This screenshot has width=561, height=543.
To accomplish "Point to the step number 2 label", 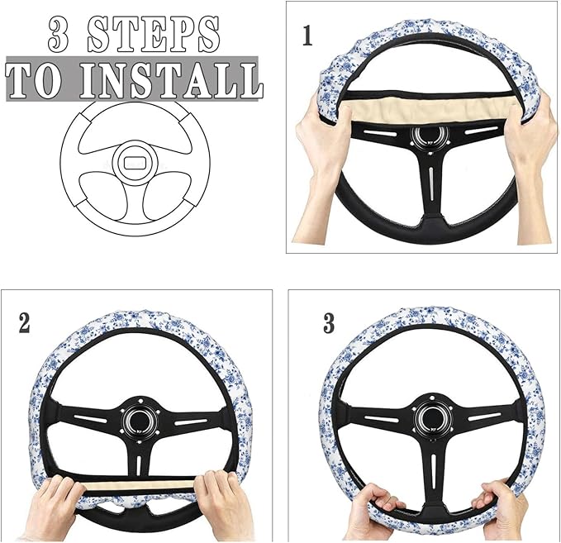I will (24, 322).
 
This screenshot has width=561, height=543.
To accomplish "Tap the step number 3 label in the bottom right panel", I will (329, 323).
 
